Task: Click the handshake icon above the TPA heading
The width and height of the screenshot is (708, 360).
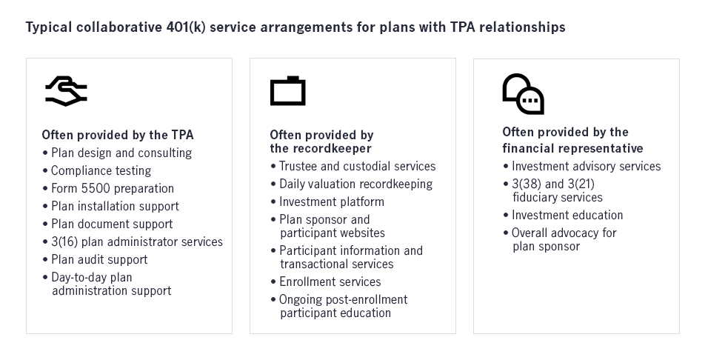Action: [66, 91]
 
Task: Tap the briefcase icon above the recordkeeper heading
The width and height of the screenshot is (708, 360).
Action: [287, 91]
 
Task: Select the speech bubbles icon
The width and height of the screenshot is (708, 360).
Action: [523, 94]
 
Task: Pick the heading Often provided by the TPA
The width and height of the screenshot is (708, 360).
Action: [118, 135]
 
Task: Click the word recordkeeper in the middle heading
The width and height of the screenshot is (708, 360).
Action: [338, 148]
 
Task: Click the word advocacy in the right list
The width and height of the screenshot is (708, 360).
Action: [572, 233]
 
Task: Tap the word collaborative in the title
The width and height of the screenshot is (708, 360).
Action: [119, 27]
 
